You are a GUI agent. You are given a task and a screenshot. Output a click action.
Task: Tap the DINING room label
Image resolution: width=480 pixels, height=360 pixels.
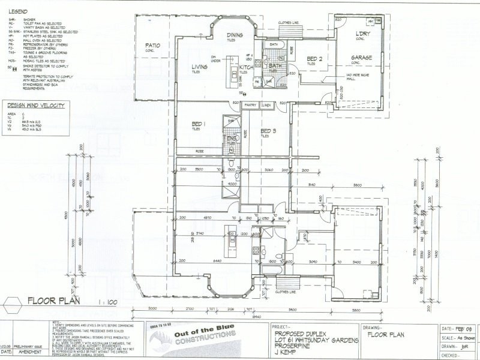[235, 35]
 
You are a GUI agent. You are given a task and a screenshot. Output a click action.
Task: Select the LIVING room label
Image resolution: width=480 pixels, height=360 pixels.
[199, 67]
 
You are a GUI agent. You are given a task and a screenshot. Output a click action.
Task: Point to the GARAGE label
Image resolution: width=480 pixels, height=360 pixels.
[362, 58]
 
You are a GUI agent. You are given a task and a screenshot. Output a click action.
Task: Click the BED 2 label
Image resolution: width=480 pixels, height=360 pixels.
[315, 58]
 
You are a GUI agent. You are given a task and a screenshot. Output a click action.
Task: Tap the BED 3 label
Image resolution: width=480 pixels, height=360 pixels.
[268, 130]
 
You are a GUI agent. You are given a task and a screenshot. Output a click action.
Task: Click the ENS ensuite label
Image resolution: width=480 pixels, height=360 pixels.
[231, 139]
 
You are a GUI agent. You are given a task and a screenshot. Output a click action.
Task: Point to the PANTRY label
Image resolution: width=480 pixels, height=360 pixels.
[250, 105]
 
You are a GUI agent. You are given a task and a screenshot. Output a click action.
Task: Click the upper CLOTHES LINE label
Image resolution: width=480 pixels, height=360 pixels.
[288, 23]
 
